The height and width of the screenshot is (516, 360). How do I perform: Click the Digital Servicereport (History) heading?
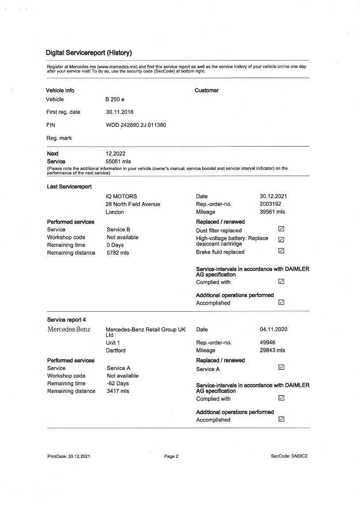click(89, 53)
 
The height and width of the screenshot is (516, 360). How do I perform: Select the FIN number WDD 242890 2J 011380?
click(136, 125)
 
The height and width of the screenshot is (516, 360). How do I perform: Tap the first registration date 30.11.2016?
click(120, 112)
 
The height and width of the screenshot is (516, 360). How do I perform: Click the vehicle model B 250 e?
click(115, 99)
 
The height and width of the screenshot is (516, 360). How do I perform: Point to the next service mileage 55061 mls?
click(118, 162)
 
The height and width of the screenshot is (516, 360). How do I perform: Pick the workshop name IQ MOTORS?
click(121, 196)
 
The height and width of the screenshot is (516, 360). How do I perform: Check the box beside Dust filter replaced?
click(281, 229)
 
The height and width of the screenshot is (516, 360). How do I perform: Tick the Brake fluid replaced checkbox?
click(281, 251)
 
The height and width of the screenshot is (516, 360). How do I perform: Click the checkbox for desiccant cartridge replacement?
click(281, 240)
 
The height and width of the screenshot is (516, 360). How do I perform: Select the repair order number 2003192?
click(270, 204)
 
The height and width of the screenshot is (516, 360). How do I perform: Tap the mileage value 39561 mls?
click(272, 212)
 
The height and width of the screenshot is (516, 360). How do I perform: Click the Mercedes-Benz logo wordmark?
click(69, 329)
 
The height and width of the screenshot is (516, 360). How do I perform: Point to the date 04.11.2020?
click(274, 329)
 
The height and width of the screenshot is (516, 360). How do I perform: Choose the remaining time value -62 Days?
click(118, 384)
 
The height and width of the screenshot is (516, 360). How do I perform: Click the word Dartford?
click(116, 350)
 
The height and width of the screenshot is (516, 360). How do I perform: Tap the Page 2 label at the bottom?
click(171, 456)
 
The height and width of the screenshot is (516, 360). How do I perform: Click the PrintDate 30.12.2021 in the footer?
click(69, 456)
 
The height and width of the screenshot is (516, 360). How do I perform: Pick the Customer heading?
click(206, 90)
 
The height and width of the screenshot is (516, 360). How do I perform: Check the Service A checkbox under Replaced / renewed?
click(281, 367)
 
